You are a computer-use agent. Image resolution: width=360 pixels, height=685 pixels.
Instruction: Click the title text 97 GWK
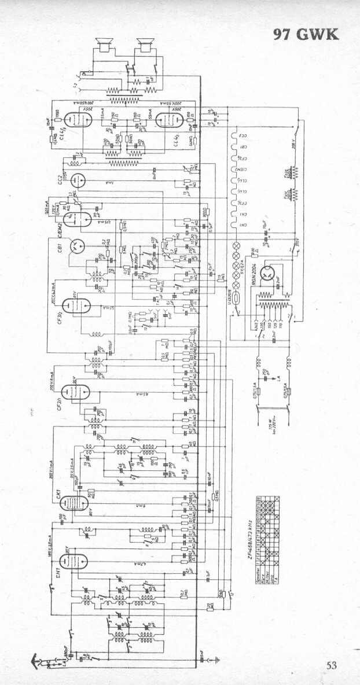pyautogui.click(x=306, y=34)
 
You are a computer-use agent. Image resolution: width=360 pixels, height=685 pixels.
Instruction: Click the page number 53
pyautogui.click(x=331, y=665)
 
